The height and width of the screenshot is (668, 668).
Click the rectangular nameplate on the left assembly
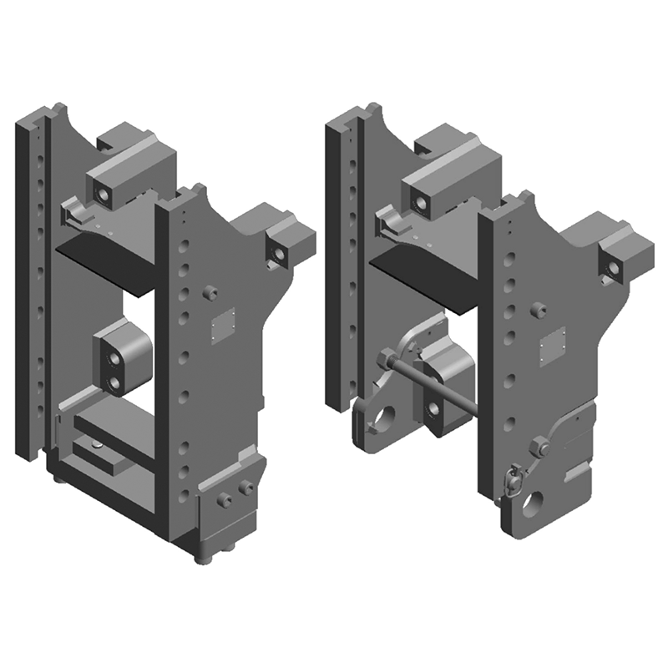223,325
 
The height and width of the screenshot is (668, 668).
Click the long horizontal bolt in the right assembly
430,387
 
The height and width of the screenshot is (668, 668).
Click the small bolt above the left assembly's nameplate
210,293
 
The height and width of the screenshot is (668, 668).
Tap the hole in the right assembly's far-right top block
614,267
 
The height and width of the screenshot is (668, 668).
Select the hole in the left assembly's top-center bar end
104,195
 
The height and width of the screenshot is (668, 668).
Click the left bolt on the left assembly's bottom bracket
224,499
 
